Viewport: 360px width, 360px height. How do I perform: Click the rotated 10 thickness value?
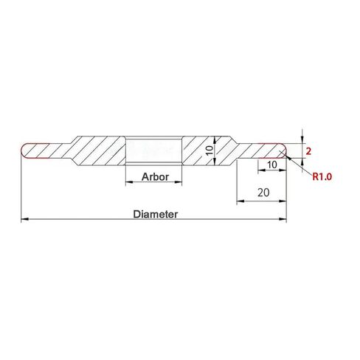click(x=209, y=150)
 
